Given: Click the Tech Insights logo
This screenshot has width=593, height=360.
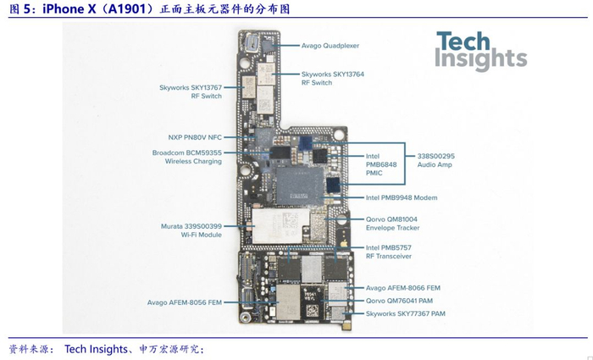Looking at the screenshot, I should click(x=480, y=50).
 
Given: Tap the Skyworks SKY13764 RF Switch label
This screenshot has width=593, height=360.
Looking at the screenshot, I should click(x=333, y=79).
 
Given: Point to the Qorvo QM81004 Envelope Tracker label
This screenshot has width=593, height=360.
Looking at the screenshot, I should click(x=392, y=224).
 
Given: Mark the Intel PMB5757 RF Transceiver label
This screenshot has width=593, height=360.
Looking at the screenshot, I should click(x=389, y=251).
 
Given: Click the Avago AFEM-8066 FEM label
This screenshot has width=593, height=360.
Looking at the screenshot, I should click(x=402, y=288).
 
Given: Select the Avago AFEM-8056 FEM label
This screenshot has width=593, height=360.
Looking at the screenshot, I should click(x=185, y=302).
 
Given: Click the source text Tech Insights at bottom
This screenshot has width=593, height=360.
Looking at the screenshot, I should click(x=97, y=349).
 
